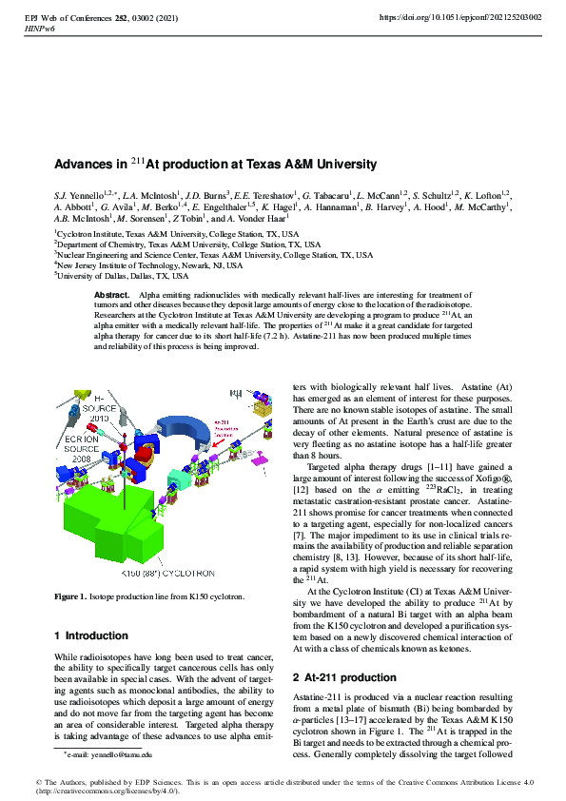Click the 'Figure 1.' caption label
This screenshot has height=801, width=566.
(70, 596)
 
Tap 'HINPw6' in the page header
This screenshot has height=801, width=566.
(39, 29)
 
